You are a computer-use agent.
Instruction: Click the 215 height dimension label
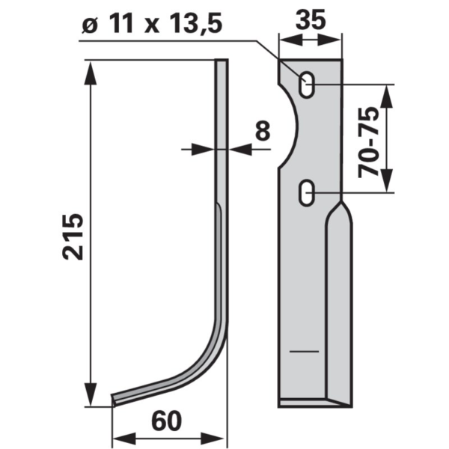(x=73, y=236)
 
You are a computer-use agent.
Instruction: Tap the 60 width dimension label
(x=166, y=421)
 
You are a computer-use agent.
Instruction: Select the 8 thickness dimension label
(x=263, y=130)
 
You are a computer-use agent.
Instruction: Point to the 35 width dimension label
(x=311, y=19)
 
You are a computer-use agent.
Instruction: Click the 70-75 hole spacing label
(x=368, y=141)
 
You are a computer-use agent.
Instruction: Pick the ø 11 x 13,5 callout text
(x=151, y=23)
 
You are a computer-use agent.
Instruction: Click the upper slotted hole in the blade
(x=307, y=85)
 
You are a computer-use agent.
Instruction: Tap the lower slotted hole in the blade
(x=307, y=192)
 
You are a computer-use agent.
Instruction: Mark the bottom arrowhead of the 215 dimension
(x=91, y=394)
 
